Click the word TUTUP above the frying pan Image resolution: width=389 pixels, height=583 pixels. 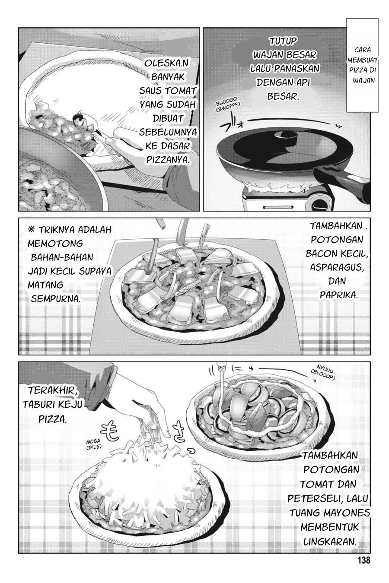(x=283, y=41)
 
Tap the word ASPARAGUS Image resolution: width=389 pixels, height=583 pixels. (x=337, y=267)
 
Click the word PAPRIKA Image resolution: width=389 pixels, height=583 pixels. (x=338, y=295)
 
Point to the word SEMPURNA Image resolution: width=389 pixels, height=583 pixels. (x=55, y=299)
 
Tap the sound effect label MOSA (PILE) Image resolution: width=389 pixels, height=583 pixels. (x=94, y=445)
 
